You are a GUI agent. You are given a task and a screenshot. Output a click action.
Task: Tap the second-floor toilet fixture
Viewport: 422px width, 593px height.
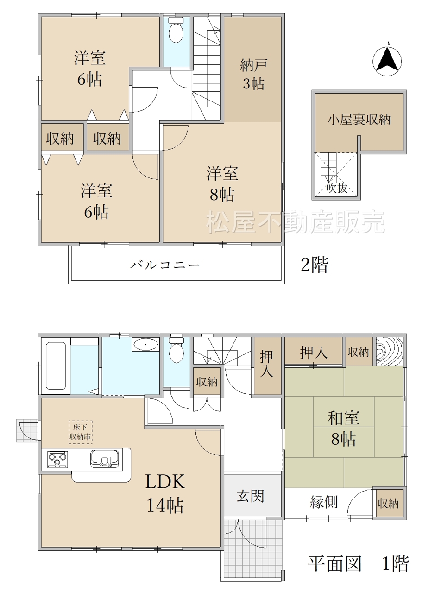point(176,30)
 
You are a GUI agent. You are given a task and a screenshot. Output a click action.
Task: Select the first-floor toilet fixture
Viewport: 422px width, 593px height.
point(176,350)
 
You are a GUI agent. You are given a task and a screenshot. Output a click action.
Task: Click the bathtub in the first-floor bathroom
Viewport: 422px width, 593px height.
point(56,366)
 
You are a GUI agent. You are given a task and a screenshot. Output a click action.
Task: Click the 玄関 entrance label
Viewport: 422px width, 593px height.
point(250,496)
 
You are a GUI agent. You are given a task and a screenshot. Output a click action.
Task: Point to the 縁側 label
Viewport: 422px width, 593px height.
point(324,502)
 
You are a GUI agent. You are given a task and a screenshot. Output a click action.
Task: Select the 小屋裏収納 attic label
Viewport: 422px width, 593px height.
point(359,120)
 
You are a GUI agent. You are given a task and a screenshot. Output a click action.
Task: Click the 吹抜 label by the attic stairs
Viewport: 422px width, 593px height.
point(337,188)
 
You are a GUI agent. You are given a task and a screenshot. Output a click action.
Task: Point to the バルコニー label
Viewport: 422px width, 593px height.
point(164,265)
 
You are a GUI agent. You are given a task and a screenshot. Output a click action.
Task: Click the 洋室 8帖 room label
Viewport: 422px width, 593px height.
point(222,184)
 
